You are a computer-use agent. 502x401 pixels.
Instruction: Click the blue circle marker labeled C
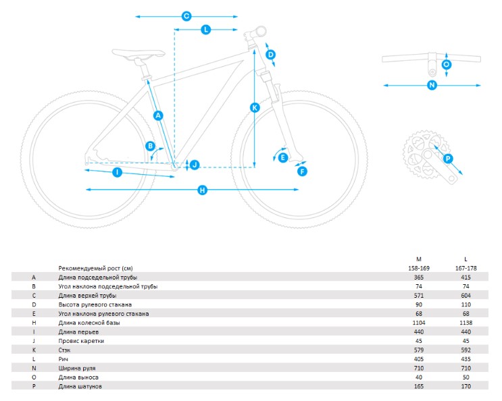(186, 16)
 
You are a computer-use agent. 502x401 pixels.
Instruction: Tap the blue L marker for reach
(205, 30)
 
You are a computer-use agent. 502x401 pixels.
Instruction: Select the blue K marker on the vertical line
(255, 107)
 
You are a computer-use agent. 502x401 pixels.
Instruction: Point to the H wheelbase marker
(202, 190)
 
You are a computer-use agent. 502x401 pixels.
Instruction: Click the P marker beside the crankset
(448, 158)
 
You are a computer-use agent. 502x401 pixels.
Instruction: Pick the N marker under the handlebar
(432, 85)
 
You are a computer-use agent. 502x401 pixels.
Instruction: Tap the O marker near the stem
(447, 65)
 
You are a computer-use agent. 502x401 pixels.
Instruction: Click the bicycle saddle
(139, 54)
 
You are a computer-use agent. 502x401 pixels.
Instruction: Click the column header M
(419, 259)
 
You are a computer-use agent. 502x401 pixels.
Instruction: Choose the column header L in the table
(466, 259)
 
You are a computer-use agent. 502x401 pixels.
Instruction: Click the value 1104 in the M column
(419, 323)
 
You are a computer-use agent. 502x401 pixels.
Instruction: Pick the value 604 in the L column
(466, 296)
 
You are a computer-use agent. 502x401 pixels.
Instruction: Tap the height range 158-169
(419, 268)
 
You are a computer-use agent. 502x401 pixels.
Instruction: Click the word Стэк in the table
(64, 350)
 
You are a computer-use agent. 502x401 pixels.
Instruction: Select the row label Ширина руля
(77, 369)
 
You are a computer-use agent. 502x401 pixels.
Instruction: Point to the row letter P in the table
(34, 386)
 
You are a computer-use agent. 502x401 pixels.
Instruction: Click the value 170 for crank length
(466, 386)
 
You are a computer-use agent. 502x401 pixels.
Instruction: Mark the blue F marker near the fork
(302, 171)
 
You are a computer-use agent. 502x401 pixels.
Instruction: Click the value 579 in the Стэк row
(419, 350)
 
